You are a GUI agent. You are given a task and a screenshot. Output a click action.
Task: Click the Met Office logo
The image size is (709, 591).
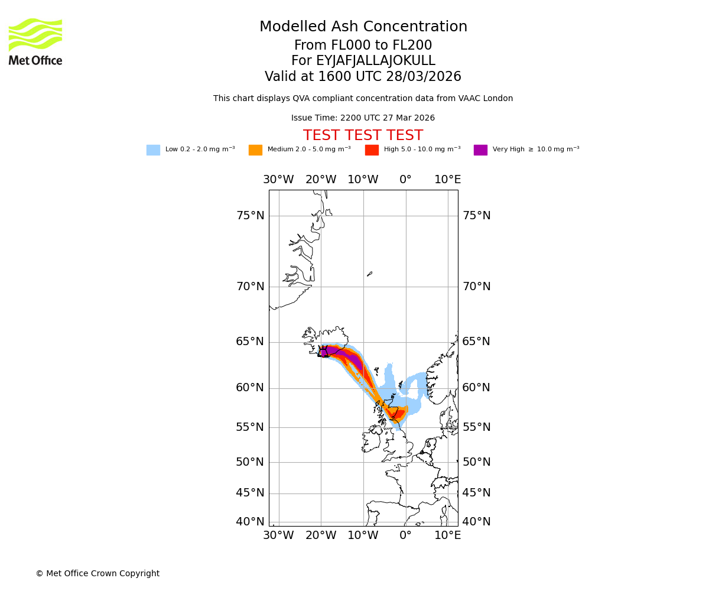point(35,41)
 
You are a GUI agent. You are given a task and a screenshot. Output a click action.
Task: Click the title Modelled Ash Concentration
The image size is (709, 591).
point(363,27)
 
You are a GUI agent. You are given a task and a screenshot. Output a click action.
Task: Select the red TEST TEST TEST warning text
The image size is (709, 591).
point(363,136)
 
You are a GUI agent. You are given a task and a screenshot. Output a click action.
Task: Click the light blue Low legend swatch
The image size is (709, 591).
point(153,150)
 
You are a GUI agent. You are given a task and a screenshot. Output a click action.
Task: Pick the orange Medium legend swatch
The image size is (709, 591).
point(255,150)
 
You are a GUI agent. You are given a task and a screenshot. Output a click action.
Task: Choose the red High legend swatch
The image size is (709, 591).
point(372,150)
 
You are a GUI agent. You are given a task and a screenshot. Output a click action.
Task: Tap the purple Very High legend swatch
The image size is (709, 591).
point(480,150)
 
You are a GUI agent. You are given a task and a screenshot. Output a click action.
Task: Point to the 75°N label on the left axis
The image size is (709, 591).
point(250,216)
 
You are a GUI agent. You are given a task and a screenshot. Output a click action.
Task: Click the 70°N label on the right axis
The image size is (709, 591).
point(476,287)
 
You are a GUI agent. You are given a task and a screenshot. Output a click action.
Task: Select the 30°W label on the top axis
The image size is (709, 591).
point(278,180)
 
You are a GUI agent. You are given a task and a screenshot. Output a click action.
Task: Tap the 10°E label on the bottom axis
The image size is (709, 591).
point(448,535)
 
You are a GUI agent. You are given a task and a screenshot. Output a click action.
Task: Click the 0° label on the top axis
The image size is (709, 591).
point(405,180)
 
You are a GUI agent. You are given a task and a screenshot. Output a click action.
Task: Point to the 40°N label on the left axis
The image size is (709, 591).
point(250,522)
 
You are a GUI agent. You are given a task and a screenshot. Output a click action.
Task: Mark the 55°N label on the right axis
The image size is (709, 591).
point(476,427)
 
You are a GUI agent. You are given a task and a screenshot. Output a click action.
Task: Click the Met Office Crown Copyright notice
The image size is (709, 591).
point(97,574)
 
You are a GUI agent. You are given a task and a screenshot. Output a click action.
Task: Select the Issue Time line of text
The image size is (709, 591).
point(363,118)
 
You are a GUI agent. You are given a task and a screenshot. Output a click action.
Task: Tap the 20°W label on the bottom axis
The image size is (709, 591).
point(321,535)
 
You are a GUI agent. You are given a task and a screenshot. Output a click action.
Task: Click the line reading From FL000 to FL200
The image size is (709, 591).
point(363,46)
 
